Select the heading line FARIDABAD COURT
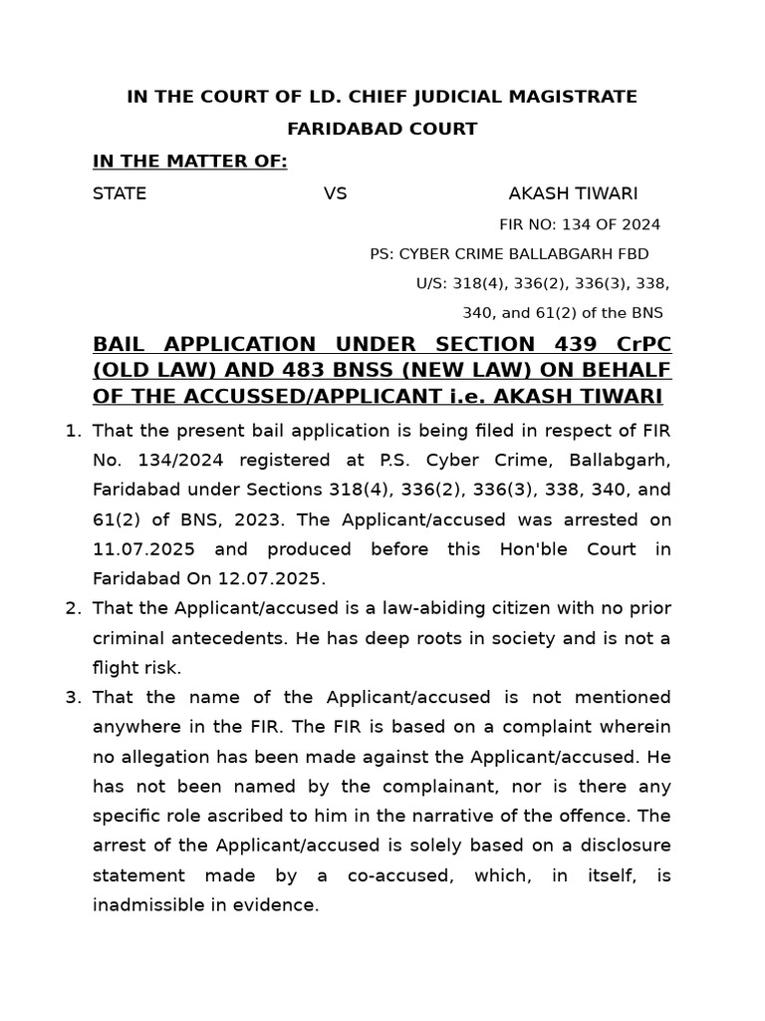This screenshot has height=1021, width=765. (x=382, y=129)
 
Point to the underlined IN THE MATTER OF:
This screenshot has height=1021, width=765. (x=189, y=162)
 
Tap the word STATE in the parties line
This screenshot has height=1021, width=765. (x=120, y=193)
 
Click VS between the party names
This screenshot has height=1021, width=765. (x=335, y=193)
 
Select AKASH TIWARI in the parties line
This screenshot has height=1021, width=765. (x=573, y=193)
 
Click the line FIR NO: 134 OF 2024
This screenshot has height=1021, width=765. (x=579, y=225)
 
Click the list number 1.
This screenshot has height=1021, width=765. (x=72, y=431)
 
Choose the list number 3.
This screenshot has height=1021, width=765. (x=72, y=697)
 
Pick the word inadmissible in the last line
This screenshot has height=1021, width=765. (x=145, y=905)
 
